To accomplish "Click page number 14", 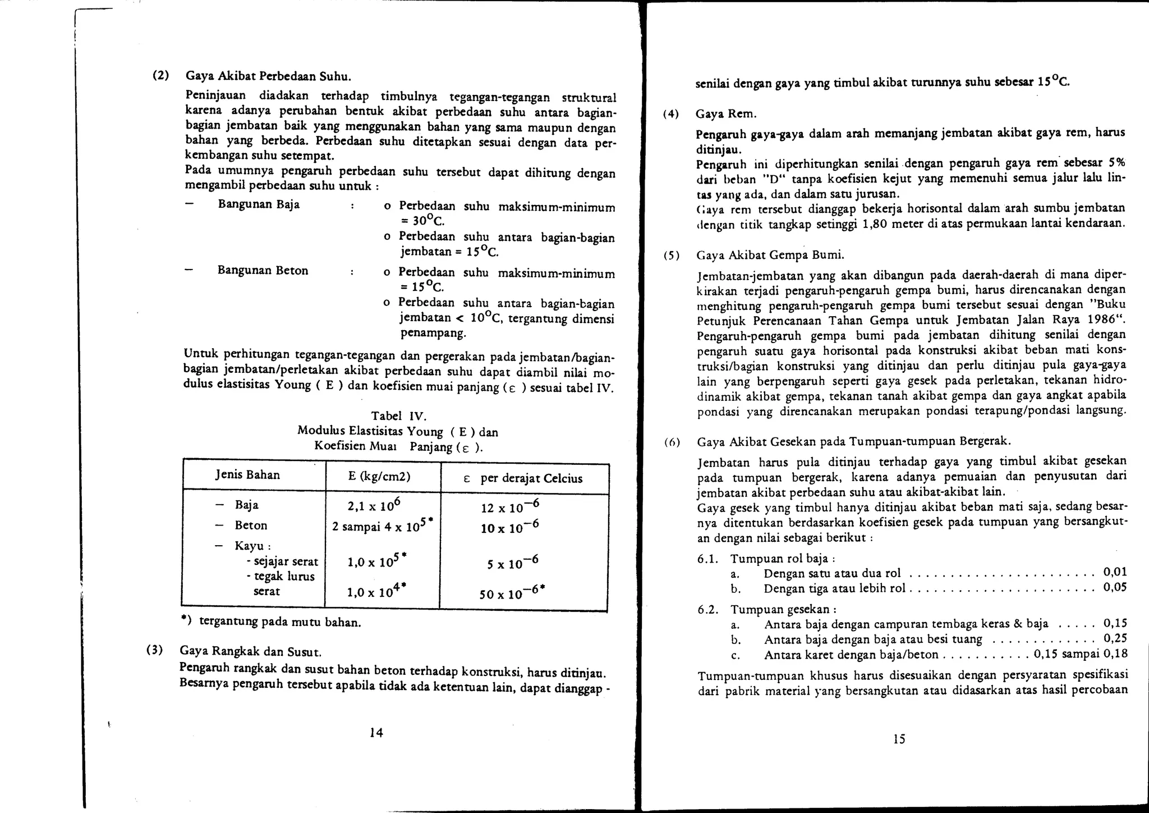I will click(376, 732).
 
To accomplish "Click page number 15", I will click(899, 739).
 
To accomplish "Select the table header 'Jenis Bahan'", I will click(247, 475).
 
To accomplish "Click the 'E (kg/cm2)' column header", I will click(379, 477).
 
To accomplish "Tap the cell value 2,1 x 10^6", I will click(373, 505).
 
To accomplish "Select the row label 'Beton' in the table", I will click(251, 526).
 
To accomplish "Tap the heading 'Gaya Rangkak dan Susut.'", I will click(251, 651).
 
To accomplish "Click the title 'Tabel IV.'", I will click(399, 416).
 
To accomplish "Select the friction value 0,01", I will click(1115, 572).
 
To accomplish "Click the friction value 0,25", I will click(1115, 638).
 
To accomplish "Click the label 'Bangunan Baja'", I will click(259, 204).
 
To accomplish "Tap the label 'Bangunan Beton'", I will click(263, 271).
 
